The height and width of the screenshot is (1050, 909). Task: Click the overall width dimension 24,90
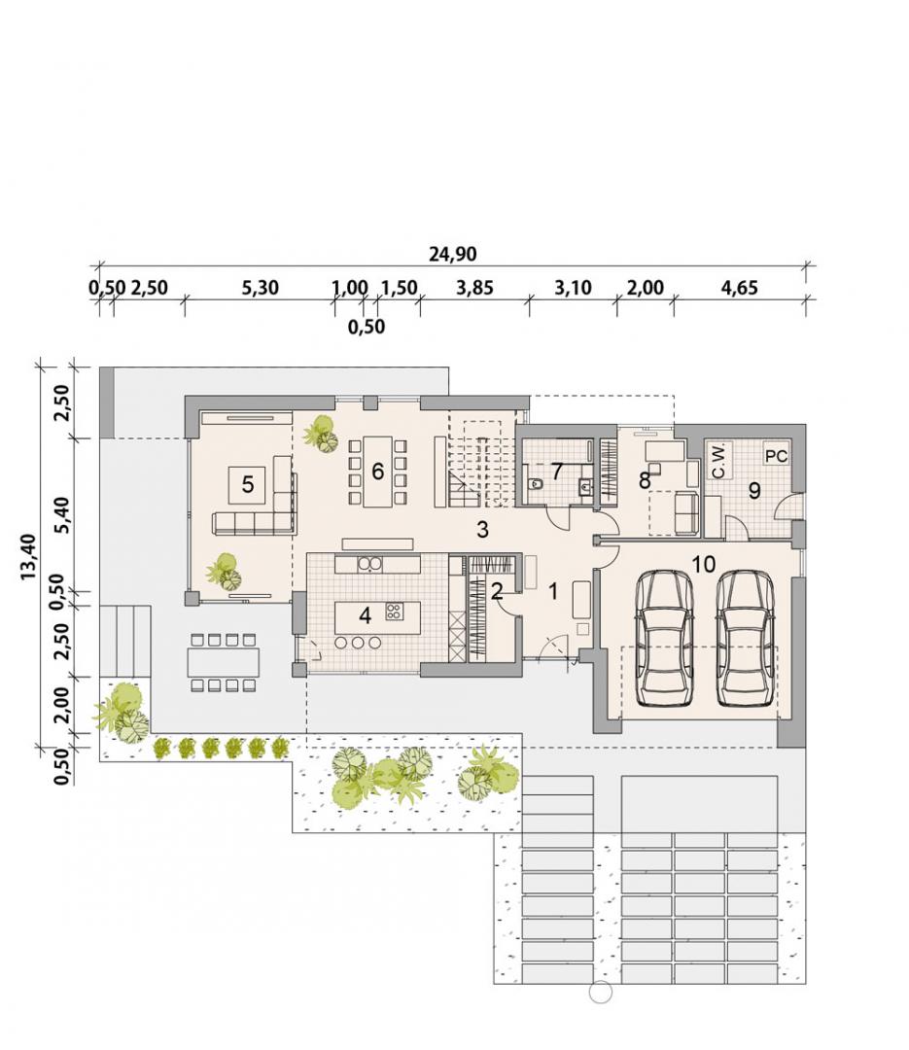coord(453,254)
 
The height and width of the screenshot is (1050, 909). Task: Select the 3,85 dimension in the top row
coord(474,288)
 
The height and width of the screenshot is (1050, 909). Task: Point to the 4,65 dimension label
coord(739,288)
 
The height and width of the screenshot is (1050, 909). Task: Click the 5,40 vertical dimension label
coord(61,514)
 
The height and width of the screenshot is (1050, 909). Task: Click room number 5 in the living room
coord(248,484)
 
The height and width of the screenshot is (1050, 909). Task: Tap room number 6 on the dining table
coord(377,472)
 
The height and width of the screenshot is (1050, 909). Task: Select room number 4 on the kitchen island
coord(365,614)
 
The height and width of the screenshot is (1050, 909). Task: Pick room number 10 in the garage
coord(704,564)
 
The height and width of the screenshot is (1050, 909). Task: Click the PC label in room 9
coord(777,456)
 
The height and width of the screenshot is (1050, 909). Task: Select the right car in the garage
coord(746,638)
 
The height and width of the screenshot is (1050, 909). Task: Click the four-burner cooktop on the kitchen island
coord(393,610)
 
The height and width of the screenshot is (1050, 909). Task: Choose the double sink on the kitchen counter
coord(369,565)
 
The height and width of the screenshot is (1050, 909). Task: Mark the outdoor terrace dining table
coord(223,662)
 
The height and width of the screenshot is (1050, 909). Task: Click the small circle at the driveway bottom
coord(600,993)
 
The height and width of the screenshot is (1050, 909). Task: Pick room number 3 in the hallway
coord(482,530)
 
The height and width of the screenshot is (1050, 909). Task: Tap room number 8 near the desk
coord(646,479)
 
